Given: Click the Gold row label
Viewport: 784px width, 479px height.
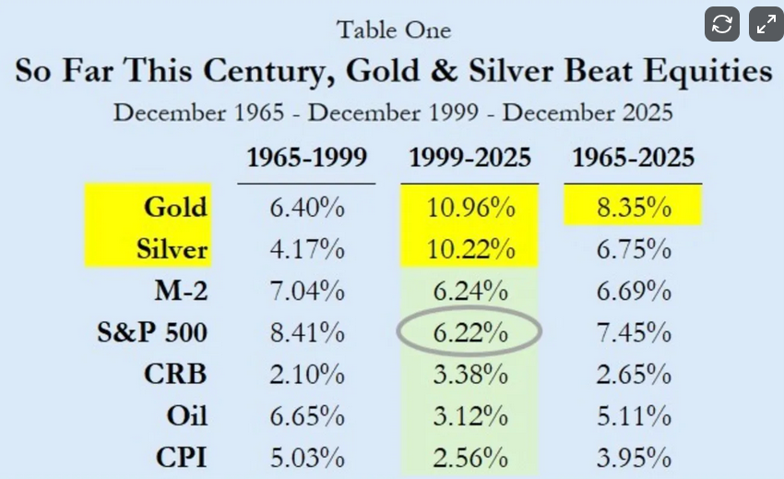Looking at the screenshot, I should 175,207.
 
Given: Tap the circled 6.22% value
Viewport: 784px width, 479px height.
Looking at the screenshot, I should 469,333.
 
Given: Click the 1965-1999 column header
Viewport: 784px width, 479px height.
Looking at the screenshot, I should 306,157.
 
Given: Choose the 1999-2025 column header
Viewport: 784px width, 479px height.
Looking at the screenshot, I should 469,157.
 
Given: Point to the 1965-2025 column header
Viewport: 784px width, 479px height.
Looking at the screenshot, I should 633,157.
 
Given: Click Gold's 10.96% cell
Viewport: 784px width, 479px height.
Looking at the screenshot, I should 470,208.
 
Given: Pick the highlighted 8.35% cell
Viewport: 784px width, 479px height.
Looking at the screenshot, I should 633,208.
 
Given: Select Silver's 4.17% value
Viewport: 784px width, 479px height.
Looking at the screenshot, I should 306,249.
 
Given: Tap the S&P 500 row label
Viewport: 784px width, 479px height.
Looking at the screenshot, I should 151,333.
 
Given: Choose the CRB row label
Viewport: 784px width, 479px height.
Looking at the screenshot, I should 174,375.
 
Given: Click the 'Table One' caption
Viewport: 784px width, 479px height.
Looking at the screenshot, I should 394,30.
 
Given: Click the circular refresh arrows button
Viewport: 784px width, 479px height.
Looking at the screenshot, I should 722,25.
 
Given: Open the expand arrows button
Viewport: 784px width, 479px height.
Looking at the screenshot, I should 766,25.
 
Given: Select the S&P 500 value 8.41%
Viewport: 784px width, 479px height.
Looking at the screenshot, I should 306,333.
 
